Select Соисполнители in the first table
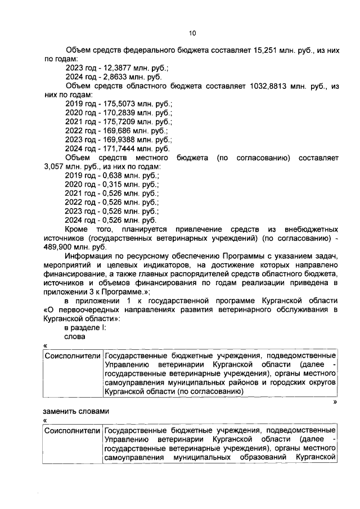coord(73,355)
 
